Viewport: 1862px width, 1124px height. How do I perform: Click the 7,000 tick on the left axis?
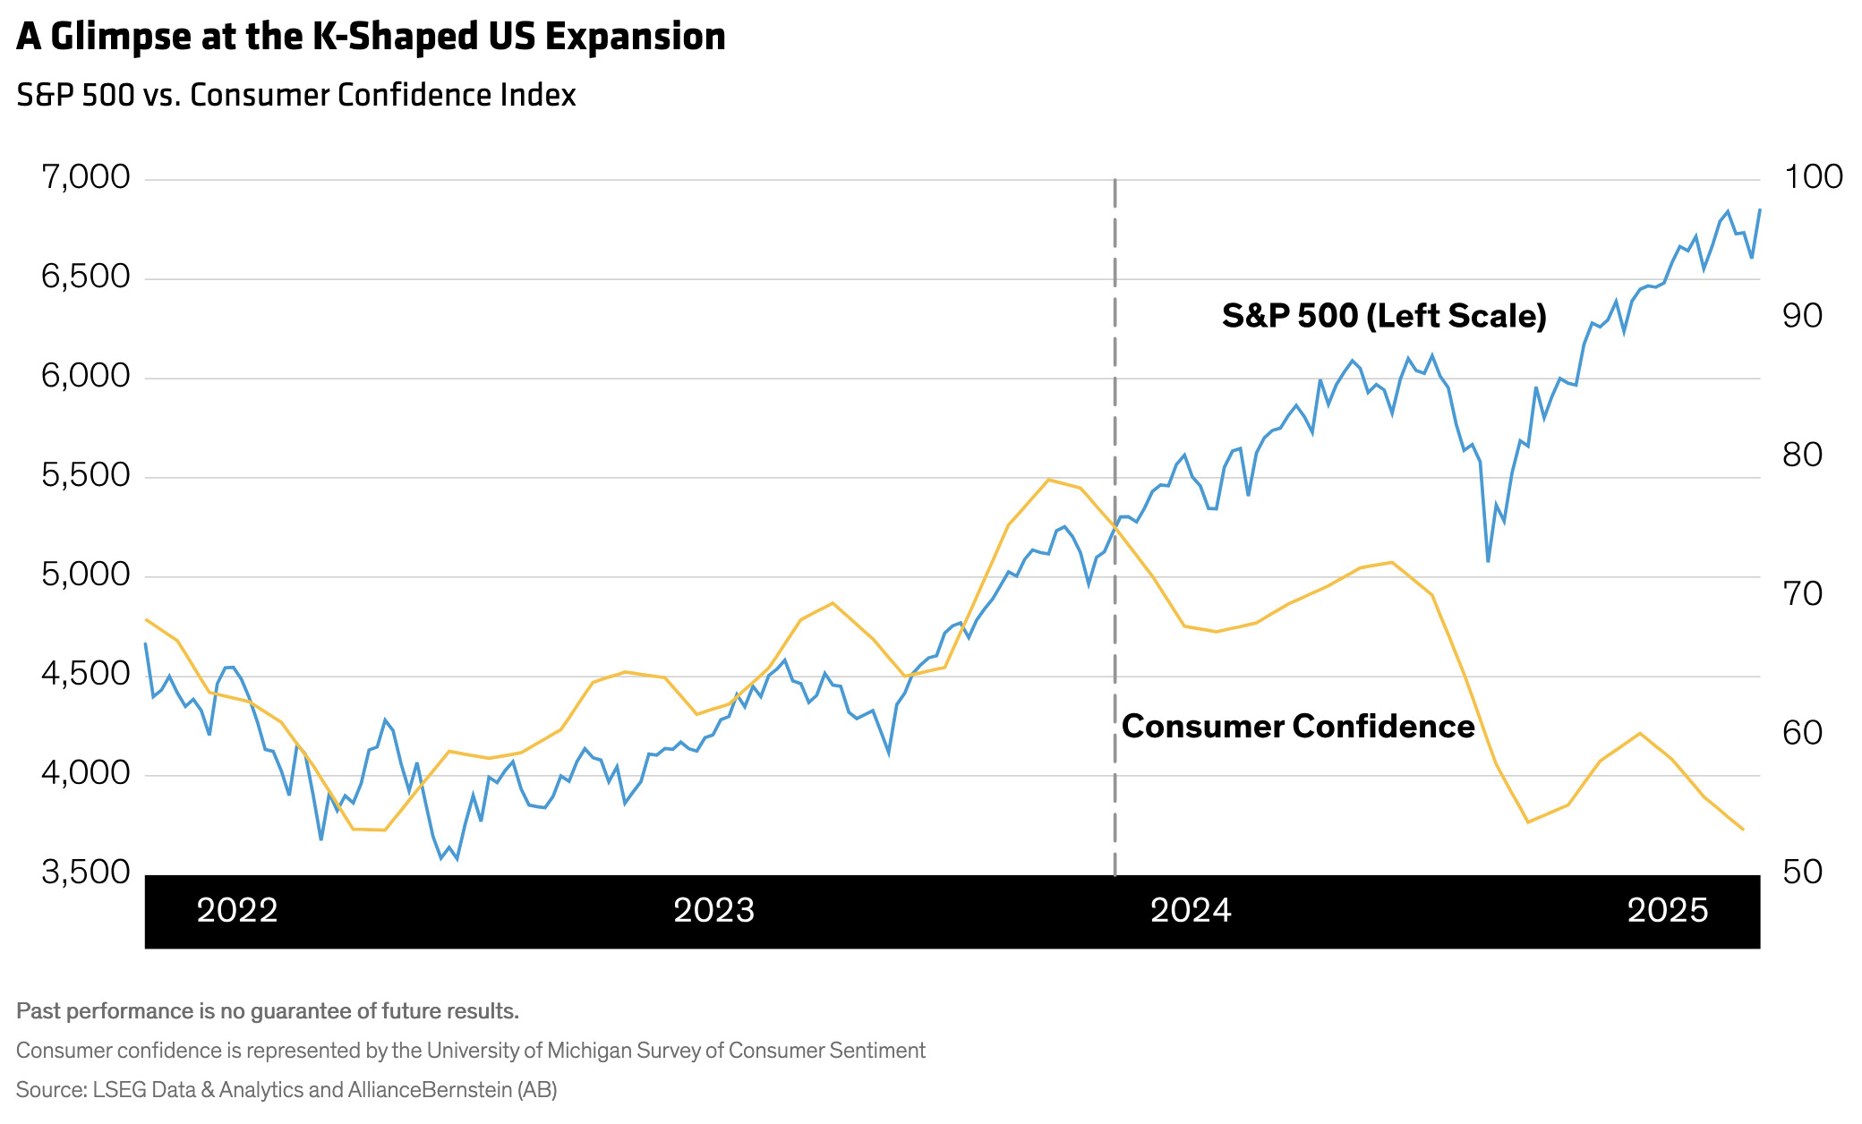[x=86, y=177]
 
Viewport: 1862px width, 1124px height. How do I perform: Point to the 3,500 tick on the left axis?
[x=86, y=872]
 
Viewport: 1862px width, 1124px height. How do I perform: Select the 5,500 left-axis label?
[x=86, y=475]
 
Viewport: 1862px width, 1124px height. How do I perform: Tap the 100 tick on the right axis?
[x=1814, y=176]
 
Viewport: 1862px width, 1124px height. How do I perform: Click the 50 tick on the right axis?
[x=1803, y=872]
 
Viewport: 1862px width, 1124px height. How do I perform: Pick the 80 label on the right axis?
[x=1803, y=455]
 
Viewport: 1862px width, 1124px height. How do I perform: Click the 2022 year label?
[x=237, y=911]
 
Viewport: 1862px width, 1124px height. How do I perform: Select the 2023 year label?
[x=713, y=911]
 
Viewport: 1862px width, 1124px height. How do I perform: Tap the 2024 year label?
[x=1191, y=911]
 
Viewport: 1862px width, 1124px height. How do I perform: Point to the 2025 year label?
[x=1668, y=911]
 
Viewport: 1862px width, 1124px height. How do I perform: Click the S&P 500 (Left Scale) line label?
[x=1384, y=316]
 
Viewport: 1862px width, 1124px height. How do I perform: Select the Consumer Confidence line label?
[x=1298, y=726]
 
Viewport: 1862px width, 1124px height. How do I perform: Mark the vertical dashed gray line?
[x=1115, y=358]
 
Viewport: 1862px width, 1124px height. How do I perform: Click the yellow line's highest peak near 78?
[x=1048, y=480]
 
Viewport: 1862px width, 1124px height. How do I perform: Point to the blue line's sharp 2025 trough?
[x=1488, y=561]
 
